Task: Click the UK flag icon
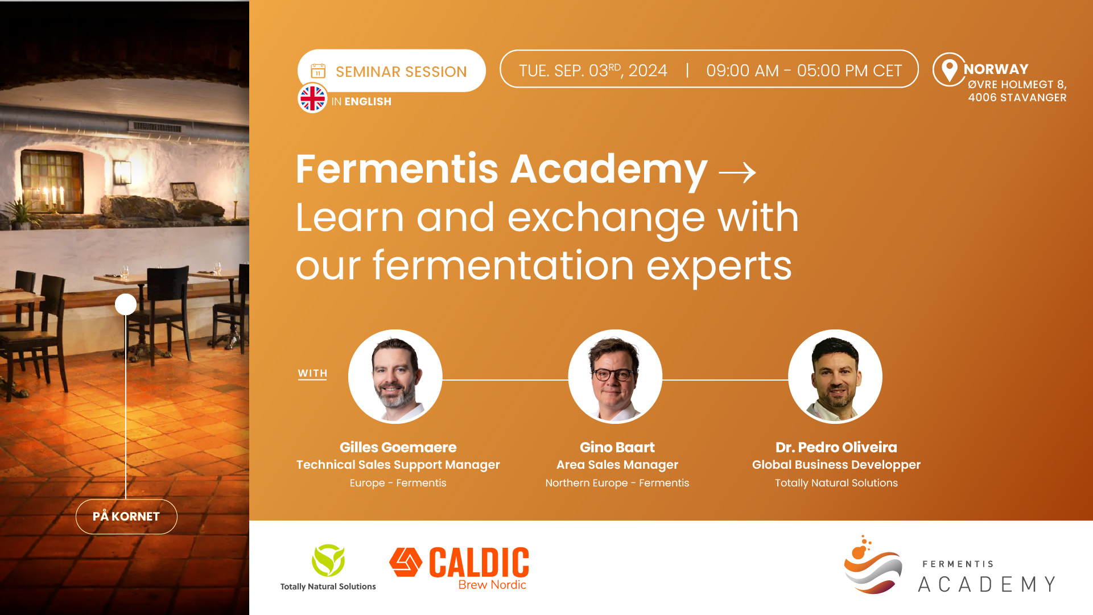[x=312, y=98]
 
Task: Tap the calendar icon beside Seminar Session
[x=318, y=71]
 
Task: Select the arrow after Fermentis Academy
[x=737, y=172]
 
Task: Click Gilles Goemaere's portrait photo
[x=395, y=377]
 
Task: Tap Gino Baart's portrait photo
[x=615, y=377]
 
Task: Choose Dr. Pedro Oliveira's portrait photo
[x=835, y=377]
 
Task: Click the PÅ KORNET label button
[x=126, y=517]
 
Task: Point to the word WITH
[x=312, y=373]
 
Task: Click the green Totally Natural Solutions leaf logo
[x=328, y=560]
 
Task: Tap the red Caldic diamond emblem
[x=406, y=562]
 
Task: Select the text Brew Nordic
[x=492, y=585]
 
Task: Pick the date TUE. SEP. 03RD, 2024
[x=593, y=71]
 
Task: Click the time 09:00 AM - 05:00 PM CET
[x=804, y=71]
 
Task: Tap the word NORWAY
[x=996, y=69]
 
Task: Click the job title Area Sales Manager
[x=617, y=465]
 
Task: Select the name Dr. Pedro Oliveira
[x=836, y=447]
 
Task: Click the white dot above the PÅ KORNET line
[x=126, y=304]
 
